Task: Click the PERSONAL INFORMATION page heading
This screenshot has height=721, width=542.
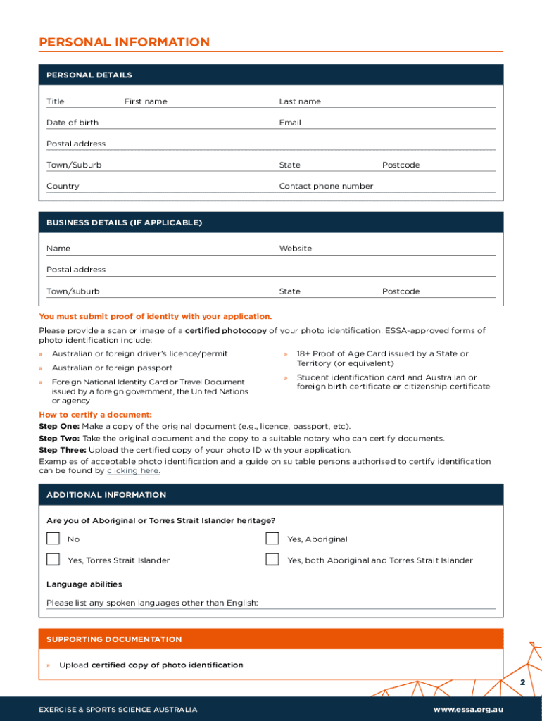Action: point(124,42)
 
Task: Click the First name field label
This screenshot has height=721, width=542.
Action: point(146,101)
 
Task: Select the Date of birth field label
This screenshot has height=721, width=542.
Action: point(73,123)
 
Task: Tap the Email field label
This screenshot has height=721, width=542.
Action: point(290,123)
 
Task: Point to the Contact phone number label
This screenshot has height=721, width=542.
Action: point(326,186)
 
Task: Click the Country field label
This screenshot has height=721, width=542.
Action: point(63,186)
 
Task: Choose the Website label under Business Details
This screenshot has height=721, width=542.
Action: point(296,249)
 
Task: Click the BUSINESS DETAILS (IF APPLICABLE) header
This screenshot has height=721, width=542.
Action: point(124,222)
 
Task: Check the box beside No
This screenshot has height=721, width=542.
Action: point(53,539)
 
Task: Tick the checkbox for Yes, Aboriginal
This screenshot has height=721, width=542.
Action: point(272,539)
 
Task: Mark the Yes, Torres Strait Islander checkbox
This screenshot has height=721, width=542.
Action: point(53,560)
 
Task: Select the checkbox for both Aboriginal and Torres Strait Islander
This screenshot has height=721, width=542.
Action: point(272,560)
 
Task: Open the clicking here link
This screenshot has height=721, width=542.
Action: point(133,471)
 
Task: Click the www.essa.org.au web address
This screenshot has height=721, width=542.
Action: point(468,710)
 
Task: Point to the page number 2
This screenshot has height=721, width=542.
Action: point(522,683)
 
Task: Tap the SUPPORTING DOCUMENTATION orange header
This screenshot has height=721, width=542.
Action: point(114,639)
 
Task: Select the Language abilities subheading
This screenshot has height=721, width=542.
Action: point(84,584)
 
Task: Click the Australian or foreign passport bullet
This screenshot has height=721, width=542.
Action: point(112,368)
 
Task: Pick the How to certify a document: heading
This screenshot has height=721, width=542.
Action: point(95,415)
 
